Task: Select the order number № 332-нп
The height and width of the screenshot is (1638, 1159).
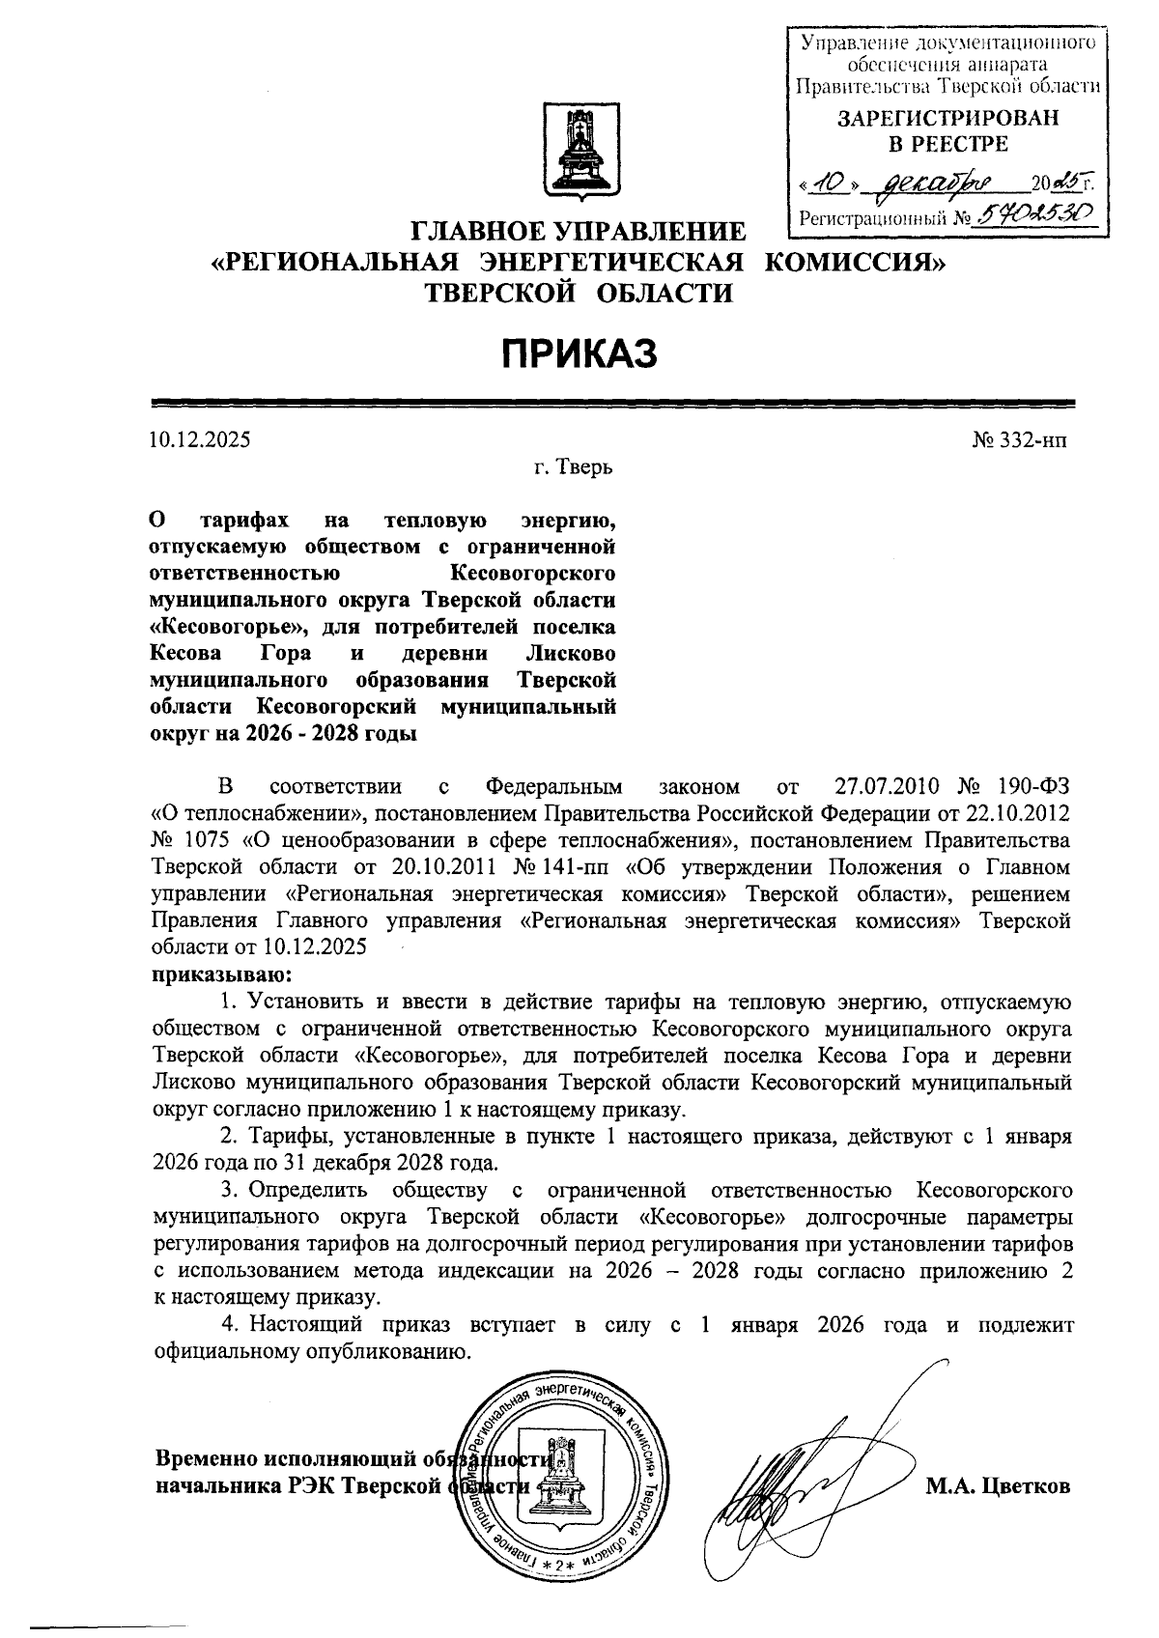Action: tap(1020, 440)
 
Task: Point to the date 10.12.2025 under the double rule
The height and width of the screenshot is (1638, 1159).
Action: tap(200, 440)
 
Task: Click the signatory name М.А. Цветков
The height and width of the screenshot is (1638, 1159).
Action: tap(999, 1486)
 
